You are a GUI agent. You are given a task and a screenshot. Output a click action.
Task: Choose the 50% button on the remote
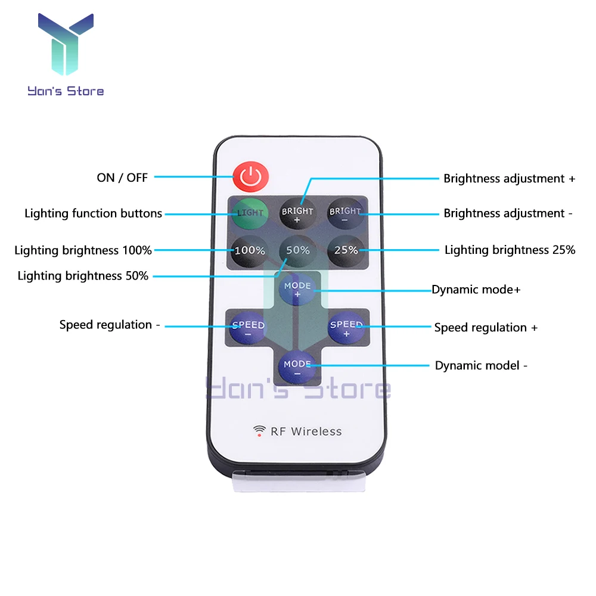point(297,250)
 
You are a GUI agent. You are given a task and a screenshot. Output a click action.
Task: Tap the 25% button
point(346,250)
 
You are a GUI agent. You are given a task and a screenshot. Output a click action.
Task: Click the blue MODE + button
point(297,290)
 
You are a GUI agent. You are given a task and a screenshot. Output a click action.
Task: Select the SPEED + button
point(346,328)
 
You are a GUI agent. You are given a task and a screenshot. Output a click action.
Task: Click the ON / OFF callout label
point(122,177)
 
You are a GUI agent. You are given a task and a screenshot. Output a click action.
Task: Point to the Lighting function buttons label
point(93,213)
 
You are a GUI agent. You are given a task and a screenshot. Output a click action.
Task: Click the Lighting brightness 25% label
point(510,250)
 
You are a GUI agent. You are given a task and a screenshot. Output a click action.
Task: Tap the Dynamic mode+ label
point(476,290)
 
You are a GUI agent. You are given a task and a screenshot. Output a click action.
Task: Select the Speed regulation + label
point(486,327)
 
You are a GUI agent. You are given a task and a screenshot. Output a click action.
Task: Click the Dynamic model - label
point(481,365)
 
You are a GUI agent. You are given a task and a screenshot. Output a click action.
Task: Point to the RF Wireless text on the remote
point(306,431)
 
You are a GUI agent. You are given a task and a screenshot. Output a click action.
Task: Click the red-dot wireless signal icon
point(259,430)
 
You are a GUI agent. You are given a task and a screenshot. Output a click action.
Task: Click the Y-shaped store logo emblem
point(66,45)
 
